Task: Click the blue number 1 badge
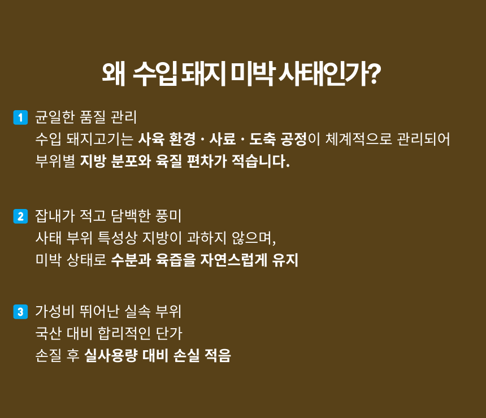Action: coord(20,117)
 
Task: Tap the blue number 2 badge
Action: coord(20,216)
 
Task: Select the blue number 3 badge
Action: coord(20,311)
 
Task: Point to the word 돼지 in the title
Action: coord(203,74)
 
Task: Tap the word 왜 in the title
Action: coord(114,74)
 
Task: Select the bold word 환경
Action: coord(182,139)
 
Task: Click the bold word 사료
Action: coord(222,139)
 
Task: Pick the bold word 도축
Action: coord(262,139)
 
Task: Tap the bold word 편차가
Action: coord(207,161)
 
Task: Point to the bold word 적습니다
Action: coord(261,161)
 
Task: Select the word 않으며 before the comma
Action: coord(251,238)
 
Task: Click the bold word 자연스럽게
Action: coord(234,260)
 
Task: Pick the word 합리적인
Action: coord(124,333)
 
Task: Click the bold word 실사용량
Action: coord(111,355)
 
